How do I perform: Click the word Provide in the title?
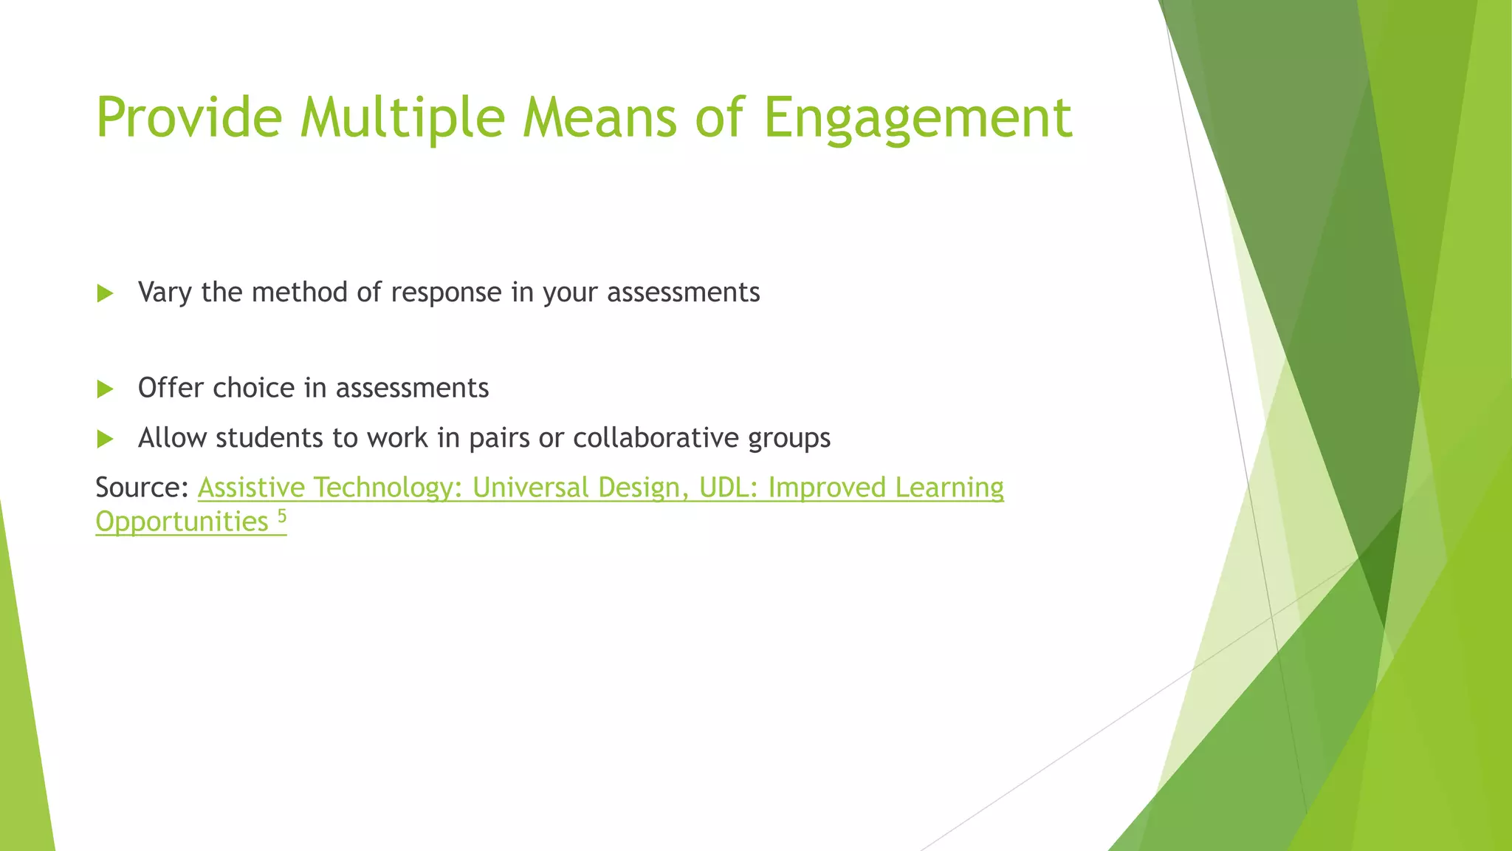pyautogui.click(x=189, y=117)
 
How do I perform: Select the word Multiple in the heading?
pyautogui.click(x=402, y=117)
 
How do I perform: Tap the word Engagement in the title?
pyautogui.click(x=917, y=117)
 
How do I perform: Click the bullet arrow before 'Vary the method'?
pyautogui.click(x=105, y=293)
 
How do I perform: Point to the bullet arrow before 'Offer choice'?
pyautogui.click(x=105, y=389)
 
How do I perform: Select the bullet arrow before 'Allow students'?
pyautogui.click(x=105, y=439)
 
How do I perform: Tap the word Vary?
pyautogui.click(x=165, y=293)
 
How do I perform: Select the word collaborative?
pyautogui.click(x=656, y=438)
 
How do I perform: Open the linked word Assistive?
pyautogui.click(x=251, y=488)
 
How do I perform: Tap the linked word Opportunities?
pyautogui.click(x=182, y=522)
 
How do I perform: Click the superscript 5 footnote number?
pyautogui.click(x=281, y=515)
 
